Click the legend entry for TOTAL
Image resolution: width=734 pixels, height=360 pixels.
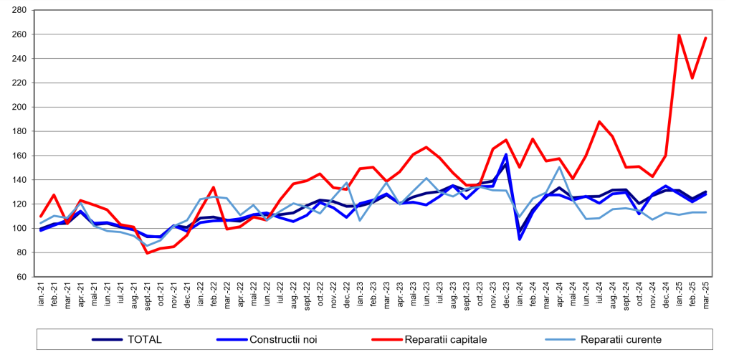(144, 339)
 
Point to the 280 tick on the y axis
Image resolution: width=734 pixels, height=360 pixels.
(19, 10)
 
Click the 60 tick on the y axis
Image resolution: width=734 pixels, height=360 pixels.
(22, 277)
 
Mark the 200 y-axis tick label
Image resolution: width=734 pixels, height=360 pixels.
(19, 107)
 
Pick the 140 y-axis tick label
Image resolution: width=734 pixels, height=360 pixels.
(19, 180)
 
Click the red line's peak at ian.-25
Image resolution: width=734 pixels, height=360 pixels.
(679, 35)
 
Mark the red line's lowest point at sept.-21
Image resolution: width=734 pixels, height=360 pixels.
(147, 253)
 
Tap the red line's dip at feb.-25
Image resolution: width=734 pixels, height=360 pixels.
(692, 78)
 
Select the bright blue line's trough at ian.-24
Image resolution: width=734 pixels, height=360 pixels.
(520, 239)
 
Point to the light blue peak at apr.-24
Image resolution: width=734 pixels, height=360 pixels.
(559, 167)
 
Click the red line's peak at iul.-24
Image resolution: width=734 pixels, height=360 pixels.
(599, 122)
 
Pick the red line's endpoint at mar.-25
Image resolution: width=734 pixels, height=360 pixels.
(706, 38)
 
